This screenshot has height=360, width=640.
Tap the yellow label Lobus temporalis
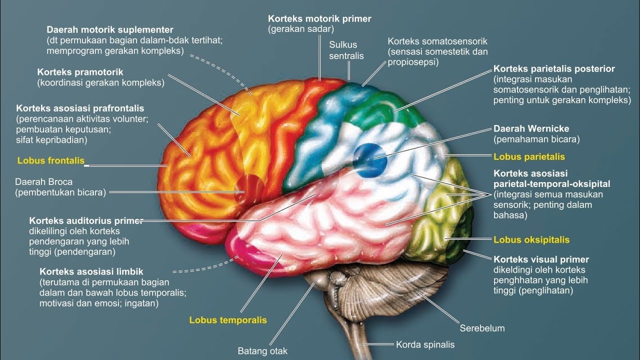pos(227,320)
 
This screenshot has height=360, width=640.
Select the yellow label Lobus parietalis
pos(529,157)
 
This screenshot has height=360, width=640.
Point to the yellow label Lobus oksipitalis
pos(531,240)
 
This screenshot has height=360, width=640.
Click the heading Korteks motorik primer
pos(319,19)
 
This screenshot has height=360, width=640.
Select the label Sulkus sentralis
pos(346,50)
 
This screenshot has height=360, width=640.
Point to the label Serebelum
pos(482,328)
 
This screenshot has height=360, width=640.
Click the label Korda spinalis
pos(425,344)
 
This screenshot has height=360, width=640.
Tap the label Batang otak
pos(262,351)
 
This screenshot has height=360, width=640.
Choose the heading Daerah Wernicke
pos(531,129)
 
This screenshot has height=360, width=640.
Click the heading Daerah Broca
pos(43,182)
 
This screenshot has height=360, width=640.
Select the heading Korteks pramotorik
pos(80,72)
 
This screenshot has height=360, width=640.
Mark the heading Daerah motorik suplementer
pos(110,30)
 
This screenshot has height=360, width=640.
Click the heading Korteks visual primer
pos(541,259)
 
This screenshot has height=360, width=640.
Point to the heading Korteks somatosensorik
pos(437,41)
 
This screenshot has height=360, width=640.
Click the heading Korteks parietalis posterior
pos(554,69)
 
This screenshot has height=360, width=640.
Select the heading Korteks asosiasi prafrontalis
pos(80,108)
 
